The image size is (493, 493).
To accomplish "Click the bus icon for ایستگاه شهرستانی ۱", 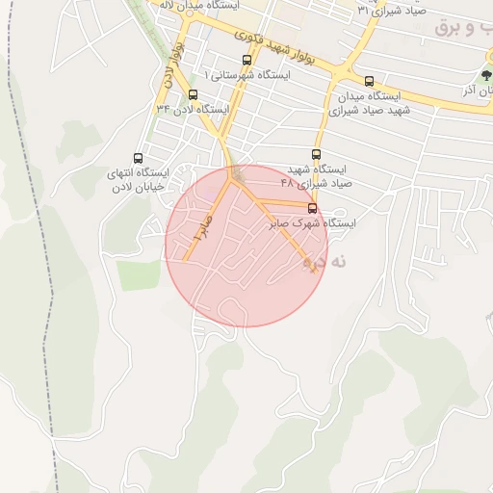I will point(247,60).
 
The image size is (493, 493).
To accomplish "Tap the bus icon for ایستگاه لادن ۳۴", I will point(194,94).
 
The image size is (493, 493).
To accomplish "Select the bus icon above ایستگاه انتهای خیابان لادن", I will point(138,158).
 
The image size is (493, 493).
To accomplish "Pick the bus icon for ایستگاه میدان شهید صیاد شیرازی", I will point(370,81).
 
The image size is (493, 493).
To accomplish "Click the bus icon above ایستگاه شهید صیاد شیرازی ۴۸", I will point(317,154).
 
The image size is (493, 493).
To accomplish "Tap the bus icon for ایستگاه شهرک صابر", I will point(312,208).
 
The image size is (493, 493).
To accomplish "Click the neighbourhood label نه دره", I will point(323,261).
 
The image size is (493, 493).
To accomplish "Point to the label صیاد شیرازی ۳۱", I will point(390,9).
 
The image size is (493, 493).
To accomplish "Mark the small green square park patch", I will point(137,274).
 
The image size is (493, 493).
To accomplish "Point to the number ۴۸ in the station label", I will point(287,182).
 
